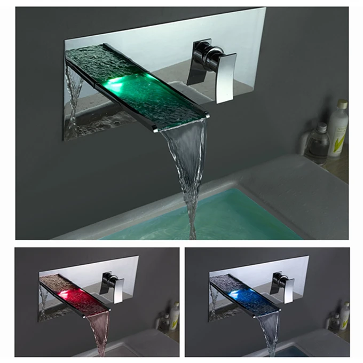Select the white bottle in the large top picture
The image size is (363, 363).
tap(338, 129)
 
